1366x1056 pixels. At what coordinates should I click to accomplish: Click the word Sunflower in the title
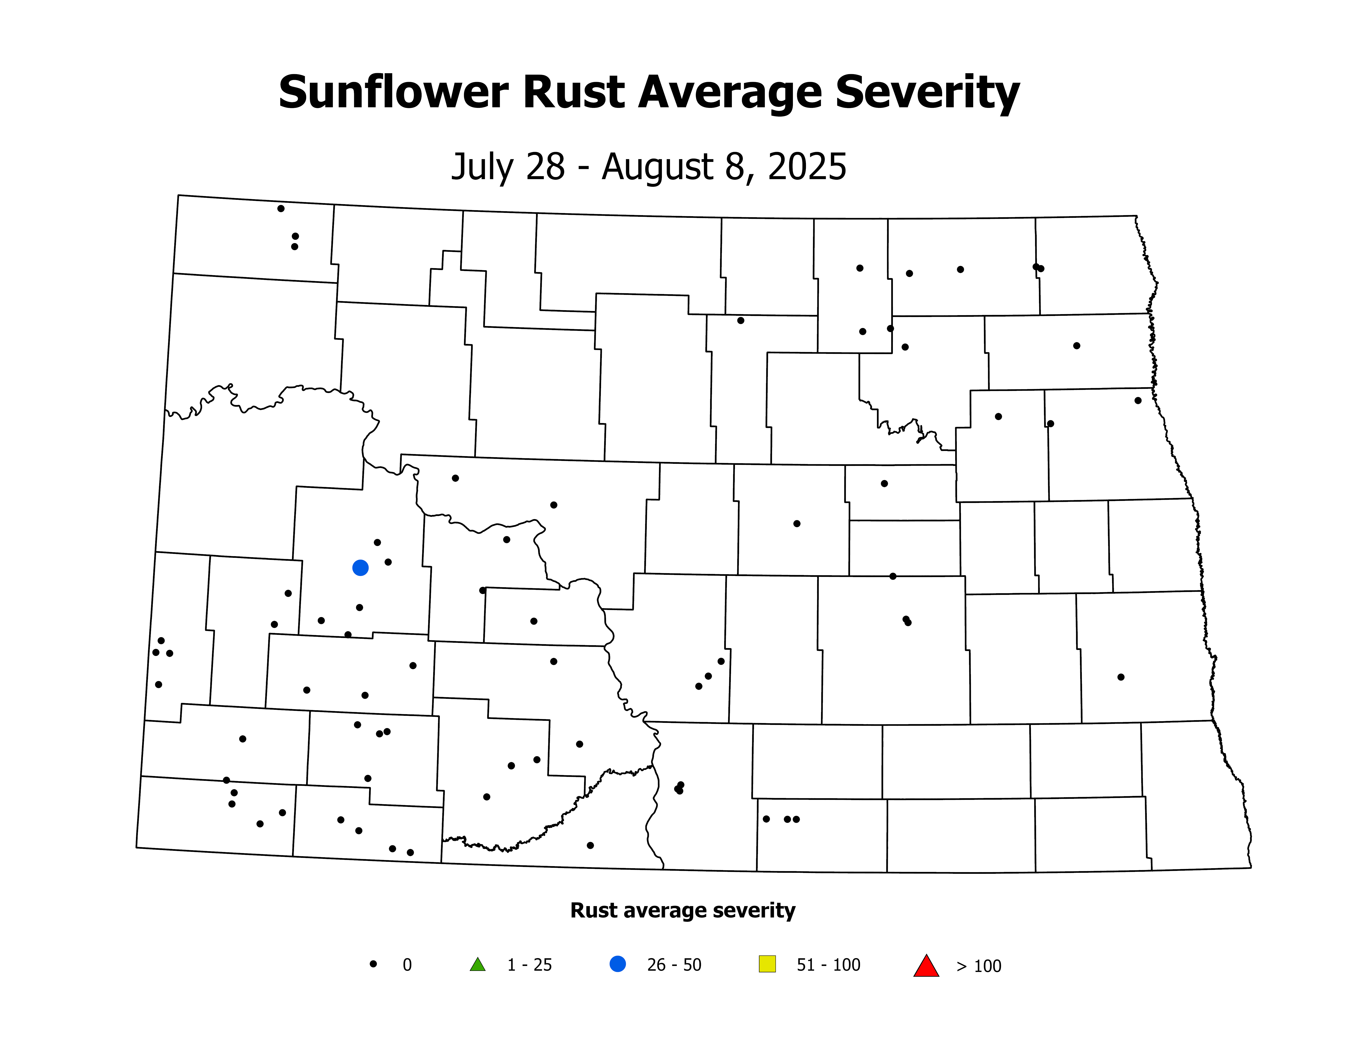pos(393,93)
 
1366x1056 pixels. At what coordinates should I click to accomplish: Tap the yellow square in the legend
pos(767,964)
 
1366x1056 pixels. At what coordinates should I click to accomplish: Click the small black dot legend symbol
pos(373,964)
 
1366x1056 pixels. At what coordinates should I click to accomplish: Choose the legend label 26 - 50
pos(674,965)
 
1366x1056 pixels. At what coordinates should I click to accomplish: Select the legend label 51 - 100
pos(828,965)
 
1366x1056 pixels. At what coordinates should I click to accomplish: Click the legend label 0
pos(407,965)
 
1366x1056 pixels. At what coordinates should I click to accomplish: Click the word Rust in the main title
pos(574,93)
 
